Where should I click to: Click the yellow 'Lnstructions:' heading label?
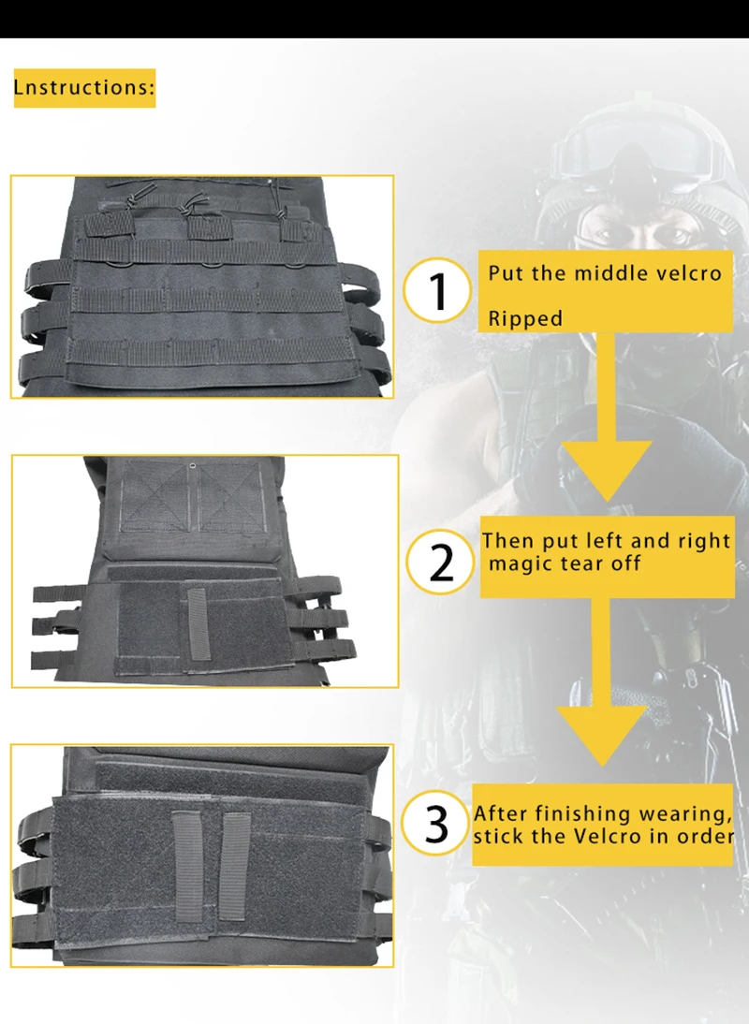[x=84, y=87]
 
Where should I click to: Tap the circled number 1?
[x=437, y=290]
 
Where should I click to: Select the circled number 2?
[x=441, y=562]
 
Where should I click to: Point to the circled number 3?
[x=435, y=823]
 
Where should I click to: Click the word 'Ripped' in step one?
[x=525, y=318]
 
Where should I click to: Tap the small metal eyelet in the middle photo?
[x=192, y=465]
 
